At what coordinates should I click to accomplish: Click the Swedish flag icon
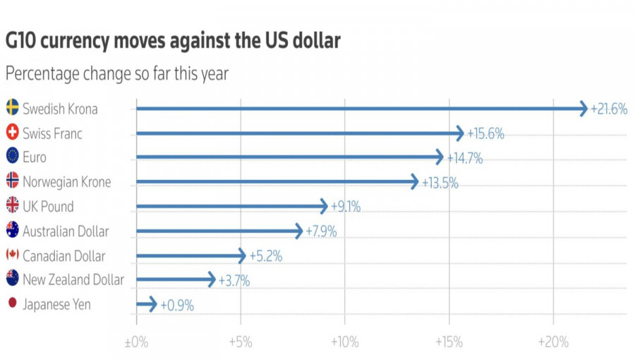coord(12,108)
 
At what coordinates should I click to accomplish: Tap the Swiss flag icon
coord(12,133)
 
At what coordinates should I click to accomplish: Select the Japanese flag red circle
coord(12,304)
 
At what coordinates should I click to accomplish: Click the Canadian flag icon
coord(12,255)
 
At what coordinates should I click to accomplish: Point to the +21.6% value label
coord(610,109)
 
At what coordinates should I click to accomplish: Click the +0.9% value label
coord(177,305)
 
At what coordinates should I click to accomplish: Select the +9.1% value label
coord(346,207)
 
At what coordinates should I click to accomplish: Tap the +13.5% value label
coord(440,183)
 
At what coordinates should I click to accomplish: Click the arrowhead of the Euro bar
coord(440,157)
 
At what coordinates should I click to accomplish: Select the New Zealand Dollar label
coord(73,280)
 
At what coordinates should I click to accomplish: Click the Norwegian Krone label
coord(66,182)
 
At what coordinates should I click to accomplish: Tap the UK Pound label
coord(48,206)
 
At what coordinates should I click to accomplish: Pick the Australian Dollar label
coord(66,231)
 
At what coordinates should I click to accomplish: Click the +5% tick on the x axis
coord(241,342)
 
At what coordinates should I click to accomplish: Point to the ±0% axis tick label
coord(136,342)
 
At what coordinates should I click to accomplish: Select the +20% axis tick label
coord(552,342)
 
